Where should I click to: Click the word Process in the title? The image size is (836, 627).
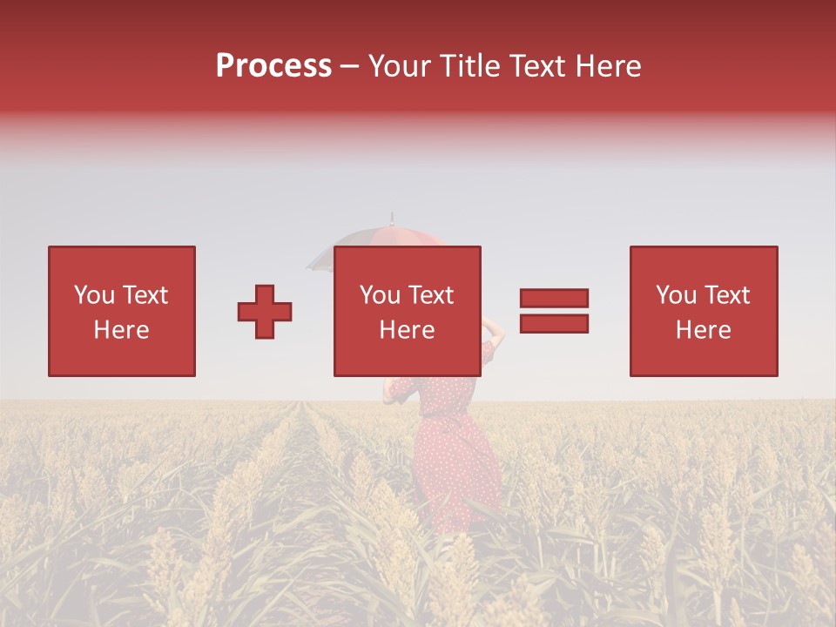click(273, 65)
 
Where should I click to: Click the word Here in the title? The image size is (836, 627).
click(607, 65)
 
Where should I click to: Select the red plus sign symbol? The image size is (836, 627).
click(265, 312)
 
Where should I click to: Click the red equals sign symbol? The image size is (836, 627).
click(554, 311)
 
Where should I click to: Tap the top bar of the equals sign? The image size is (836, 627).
click(554, 299)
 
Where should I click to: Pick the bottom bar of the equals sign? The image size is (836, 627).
click(554, 324)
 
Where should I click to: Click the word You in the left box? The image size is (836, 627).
click(94, 295)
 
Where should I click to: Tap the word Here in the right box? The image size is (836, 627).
click(703, 330)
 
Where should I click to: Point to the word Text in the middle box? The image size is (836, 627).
click(431, 295)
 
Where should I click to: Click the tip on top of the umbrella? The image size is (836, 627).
click(392, 215)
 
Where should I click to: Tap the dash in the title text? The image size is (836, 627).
click(350, 67)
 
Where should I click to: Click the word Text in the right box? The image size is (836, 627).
click(727, 295)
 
